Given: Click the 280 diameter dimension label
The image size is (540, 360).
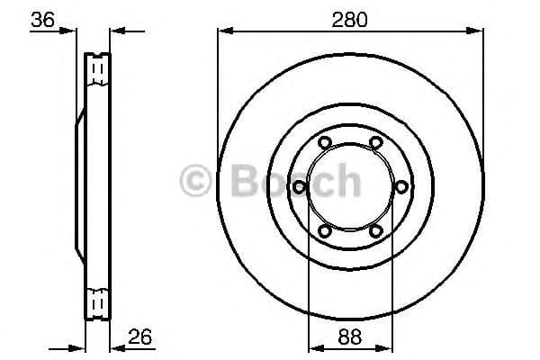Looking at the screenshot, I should point(349,18).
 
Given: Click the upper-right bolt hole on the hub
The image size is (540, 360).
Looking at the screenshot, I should point(374,141).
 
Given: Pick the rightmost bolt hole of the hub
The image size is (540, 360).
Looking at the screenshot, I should point(400,186).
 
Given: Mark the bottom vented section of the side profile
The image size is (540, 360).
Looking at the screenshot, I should point(98,301).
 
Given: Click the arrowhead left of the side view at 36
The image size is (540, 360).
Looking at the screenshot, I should point(71,31).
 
